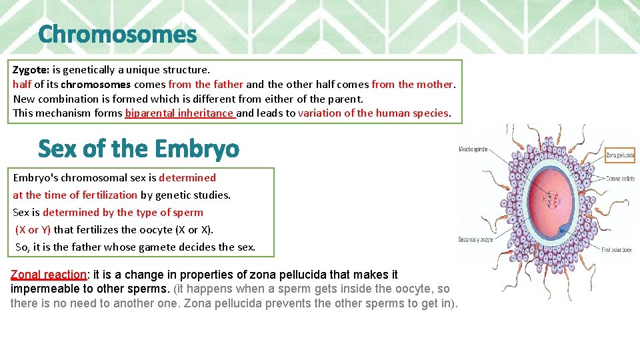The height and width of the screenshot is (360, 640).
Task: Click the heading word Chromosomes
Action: tap(117, 34)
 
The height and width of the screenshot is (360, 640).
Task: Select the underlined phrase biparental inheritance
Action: tap(179, 113)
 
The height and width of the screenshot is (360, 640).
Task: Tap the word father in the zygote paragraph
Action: tap(228, 84)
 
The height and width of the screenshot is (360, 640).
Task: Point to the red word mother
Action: tap(435, 84)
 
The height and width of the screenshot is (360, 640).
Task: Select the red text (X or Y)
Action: tap(33, 230)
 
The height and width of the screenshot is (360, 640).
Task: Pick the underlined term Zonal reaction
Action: tap(49, 275)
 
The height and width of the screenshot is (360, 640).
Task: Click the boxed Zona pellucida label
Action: tap(619, 155)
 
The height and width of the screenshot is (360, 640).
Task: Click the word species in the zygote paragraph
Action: tap(430, 113)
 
